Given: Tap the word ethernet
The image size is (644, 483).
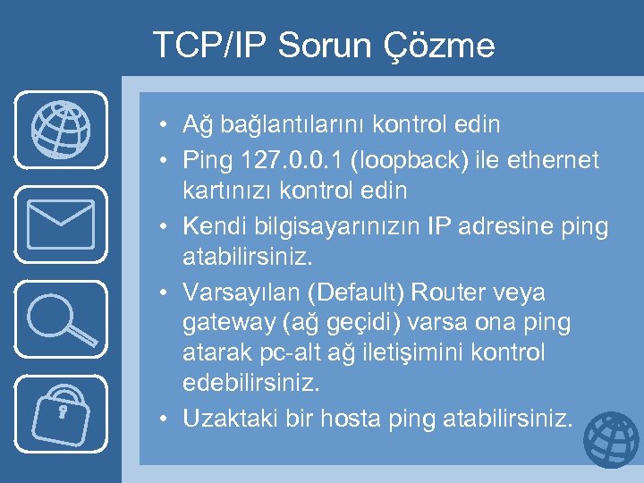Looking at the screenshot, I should click(x=552, y=161).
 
